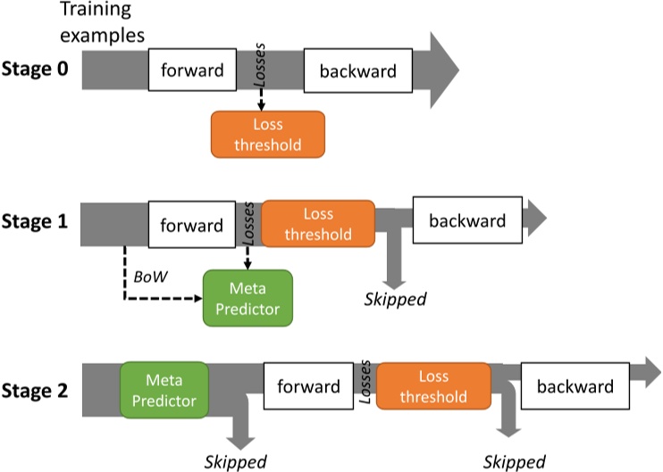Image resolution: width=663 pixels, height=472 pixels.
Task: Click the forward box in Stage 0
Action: pyautogui.click(x=192, y=70)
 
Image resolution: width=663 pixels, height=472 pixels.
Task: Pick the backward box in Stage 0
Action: pyautogui.click(x=357, y=70)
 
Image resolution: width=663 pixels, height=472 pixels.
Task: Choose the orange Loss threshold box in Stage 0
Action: pyautogui.click(x=268, y=135)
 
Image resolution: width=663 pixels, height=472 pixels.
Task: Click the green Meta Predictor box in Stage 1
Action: pyautogui.click(x=248, y=300)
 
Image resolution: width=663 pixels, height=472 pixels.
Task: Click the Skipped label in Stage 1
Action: pyautogui.click(x=395, y=297)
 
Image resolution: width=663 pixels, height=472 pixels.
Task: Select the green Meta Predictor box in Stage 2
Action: pyautogui.click(x=164, y=389)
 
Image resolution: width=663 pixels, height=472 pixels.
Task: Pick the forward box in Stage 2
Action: pyautogui.click(x=308, y=386)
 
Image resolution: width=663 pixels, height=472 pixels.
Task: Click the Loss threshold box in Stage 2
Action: pyautogui.click(x=433, y=386)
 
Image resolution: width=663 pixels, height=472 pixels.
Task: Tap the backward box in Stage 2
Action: pyautogui.click(x=575, y=386)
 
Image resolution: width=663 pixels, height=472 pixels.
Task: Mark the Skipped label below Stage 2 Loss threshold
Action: pyautogui.click(x=515, y=460)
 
